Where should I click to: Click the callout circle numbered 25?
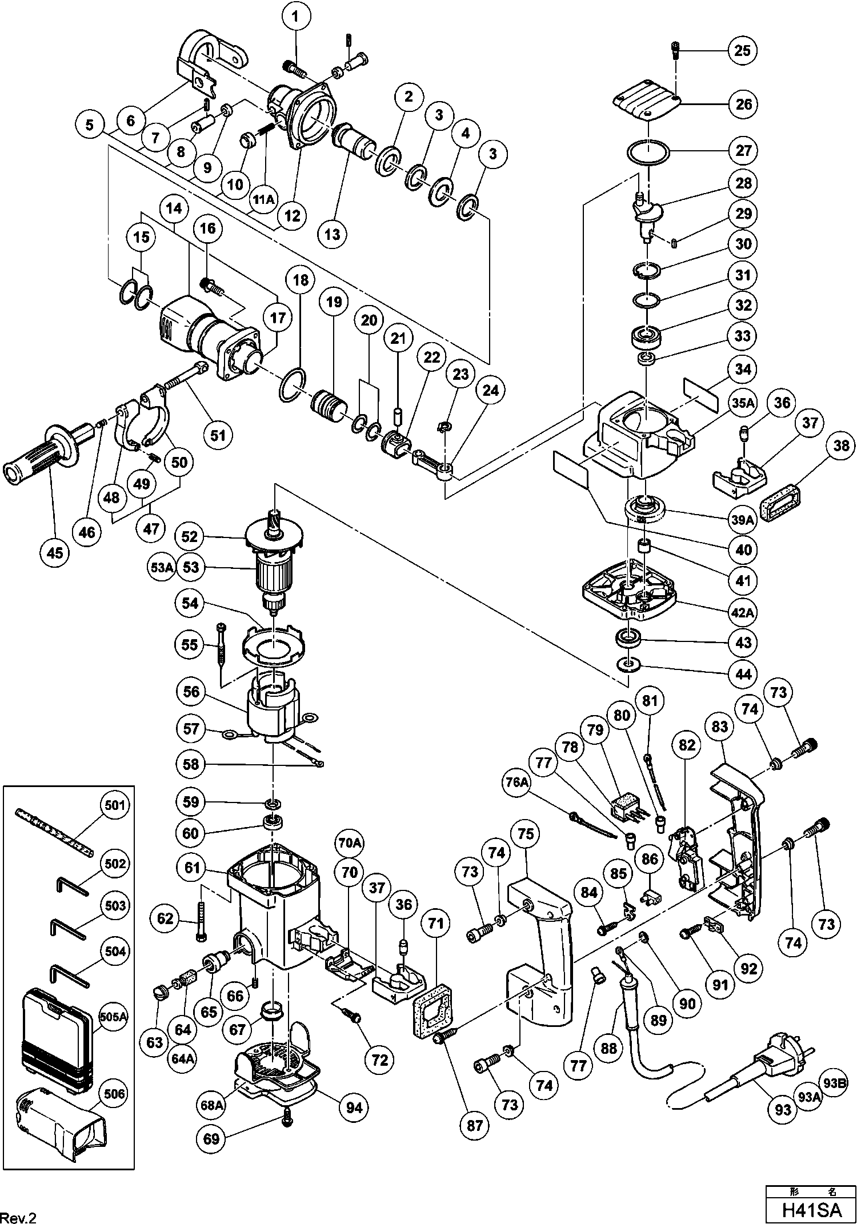(x=742, y=50)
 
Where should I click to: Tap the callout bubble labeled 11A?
(x=263, y=199)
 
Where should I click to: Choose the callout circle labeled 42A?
(x=742, y=612)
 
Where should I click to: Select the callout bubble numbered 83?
(x=720, y=727)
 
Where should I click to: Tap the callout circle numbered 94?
(x=354, y=1107)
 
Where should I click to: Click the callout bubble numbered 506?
(x=114, y=1094)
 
